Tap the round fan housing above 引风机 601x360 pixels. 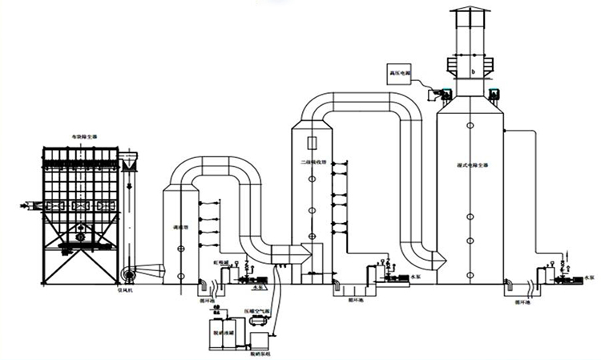(128, 273)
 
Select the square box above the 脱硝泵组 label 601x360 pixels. (259, 340)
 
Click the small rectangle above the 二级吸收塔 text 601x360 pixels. (313, 144)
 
